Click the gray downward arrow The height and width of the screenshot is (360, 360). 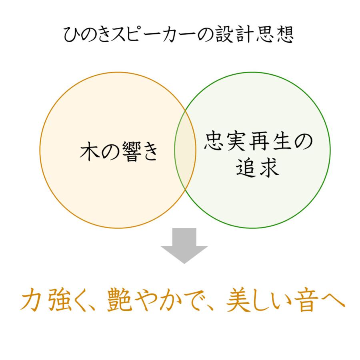point(184,245)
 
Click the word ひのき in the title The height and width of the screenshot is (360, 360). point(87,35)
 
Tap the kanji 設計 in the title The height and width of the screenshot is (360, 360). point(232,35)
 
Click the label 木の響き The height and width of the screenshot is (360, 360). point(119,152)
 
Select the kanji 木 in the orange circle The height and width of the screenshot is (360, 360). point(90,152)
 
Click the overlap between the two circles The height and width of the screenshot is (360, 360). point(185,150)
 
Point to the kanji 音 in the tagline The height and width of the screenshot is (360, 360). point(306,300)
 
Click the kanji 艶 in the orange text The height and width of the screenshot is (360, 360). point(119,300)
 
